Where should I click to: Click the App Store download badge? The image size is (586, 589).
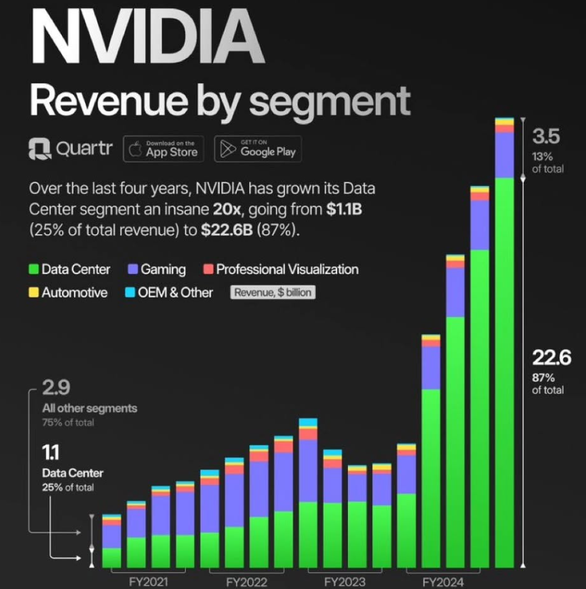point(164,149)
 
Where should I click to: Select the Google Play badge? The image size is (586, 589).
point(258,149)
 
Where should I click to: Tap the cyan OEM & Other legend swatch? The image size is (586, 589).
point(130,292)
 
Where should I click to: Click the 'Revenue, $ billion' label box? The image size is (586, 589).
point(273,292)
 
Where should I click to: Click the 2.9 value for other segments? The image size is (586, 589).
point(56,388)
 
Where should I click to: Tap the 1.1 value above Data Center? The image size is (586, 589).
point(50,454)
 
